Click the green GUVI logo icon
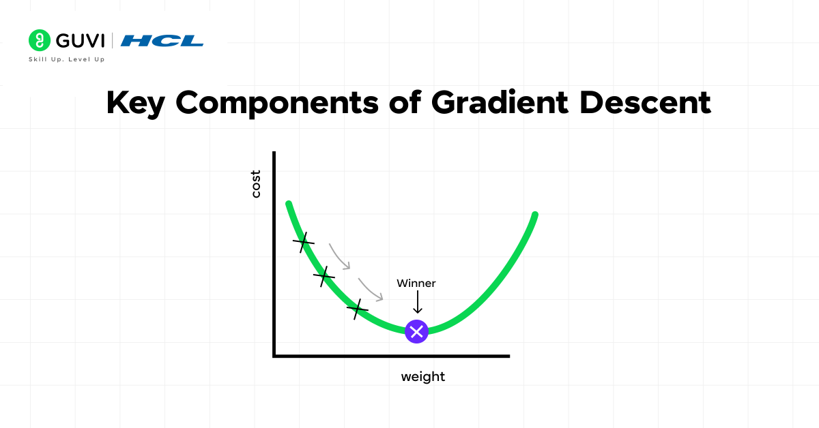tap(40, 41)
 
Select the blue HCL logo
tap(162, 41)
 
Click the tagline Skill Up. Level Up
tap(66, 59)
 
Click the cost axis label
tap(256, 183)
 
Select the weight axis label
tap(422, 376)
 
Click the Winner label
tap(416, 283)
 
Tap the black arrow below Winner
tap(417, 302)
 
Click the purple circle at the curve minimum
tap(416, 331)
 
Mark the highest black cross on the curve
tap(304, 241)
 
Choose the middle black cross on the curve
tap(324, 276)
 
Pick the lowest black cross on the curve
tap(357, 309)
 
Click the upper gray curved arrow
tap(340, 256)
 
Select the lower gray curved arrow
tap(371, 289)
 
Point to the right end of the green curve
tap(535, 215)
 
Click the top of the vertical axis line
tap(274, 153)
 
